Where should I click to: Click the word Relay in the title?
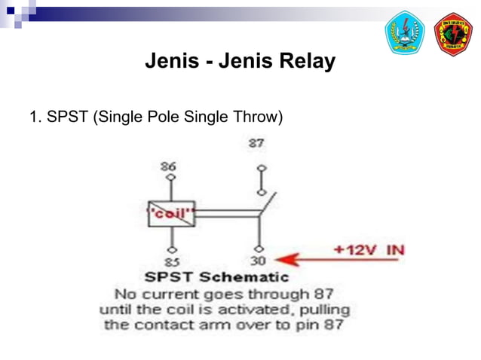point(306,61)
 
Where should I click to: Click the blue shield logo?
point(405,34)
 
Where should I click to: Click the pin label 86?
point(170,166)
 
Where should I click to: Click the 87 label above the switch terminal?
point(257,142)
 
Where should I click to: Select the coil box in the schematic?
point(172,213)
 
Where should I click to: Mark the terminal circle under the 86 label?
point(172,178)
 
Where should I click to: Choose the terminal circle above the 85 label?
point(172,249)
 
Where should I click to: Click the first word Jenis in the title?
point(172,61)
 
